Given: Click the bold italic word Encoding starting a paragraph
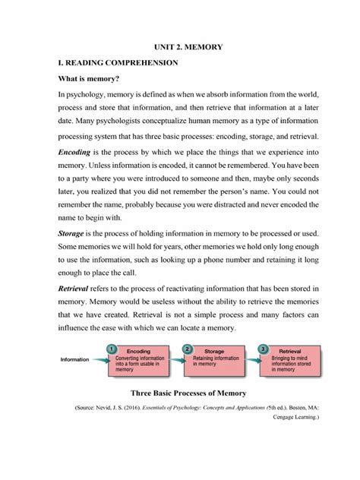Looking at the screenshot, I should (74, 152).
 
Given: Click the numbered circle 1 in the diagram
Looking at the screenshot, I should (112, 349).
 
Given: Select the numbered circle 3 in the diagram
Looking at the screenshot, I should (263, 349).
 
